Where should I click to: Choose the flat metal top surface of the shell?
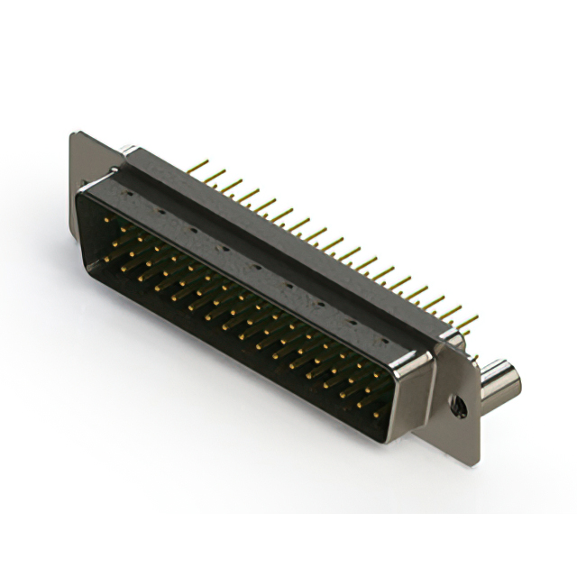point(252,261)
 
